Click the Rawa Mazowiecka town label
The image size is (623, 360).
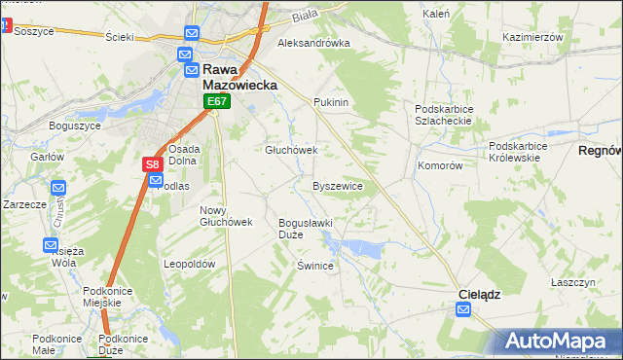pyautogui.click(x=238, y=77)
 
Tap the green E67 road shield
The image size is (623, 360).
pyautogui.click(x=216, y=101)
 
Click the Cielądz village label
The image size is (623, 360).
pyautogui.click(x=480, y=293)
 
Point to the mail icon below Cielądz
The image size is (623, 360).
pyautogui.click(x=463, y=310)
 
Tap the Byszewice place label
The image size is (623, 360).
pyautogui.click(x=338, y=185)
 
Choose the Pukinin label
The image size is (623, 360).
pyautogui.click(x=331, y=101)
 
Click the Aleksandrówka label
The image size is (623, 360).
pyautogui.click(x=313, y=44)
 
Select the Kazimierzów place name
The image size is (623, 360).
pyautogui.click(x=532, y=36)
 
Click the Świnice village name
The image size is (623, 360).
pyautogui.click(x=315, y=266)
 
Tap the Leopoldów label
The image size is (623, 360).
pyautogui.click(x=189, y=264)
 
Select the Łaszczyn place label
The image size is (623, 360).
pyautogui.click(x=572, y=281)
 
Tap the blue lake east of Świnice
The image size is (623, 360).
pyautogui.click(x=364, y=249)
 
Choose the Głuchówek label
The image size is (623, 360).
pyautogui.click(x=292, y=150)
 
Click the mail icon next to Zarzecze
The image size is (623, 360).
pyautogui.click(x=57, y=188)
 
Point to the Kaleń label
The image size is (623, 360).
pyautogui.click(x=436, y=15)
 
